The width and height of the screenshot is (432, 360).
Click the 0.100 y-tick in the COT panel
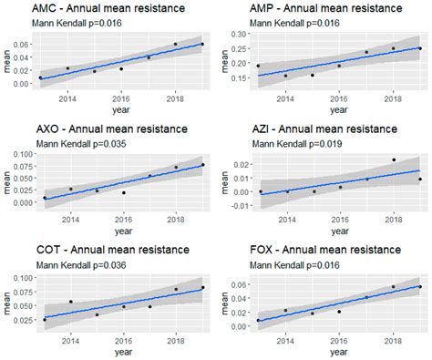[x=25, y=276]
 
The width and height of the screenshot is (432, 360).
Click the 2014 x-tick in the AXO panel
[x=67, y=218]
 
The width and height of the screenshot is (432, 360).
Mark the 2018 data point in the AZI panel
[x=394, y=159]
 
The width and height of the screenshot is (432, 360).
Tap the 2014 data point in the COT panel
[x=70, y=302]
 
